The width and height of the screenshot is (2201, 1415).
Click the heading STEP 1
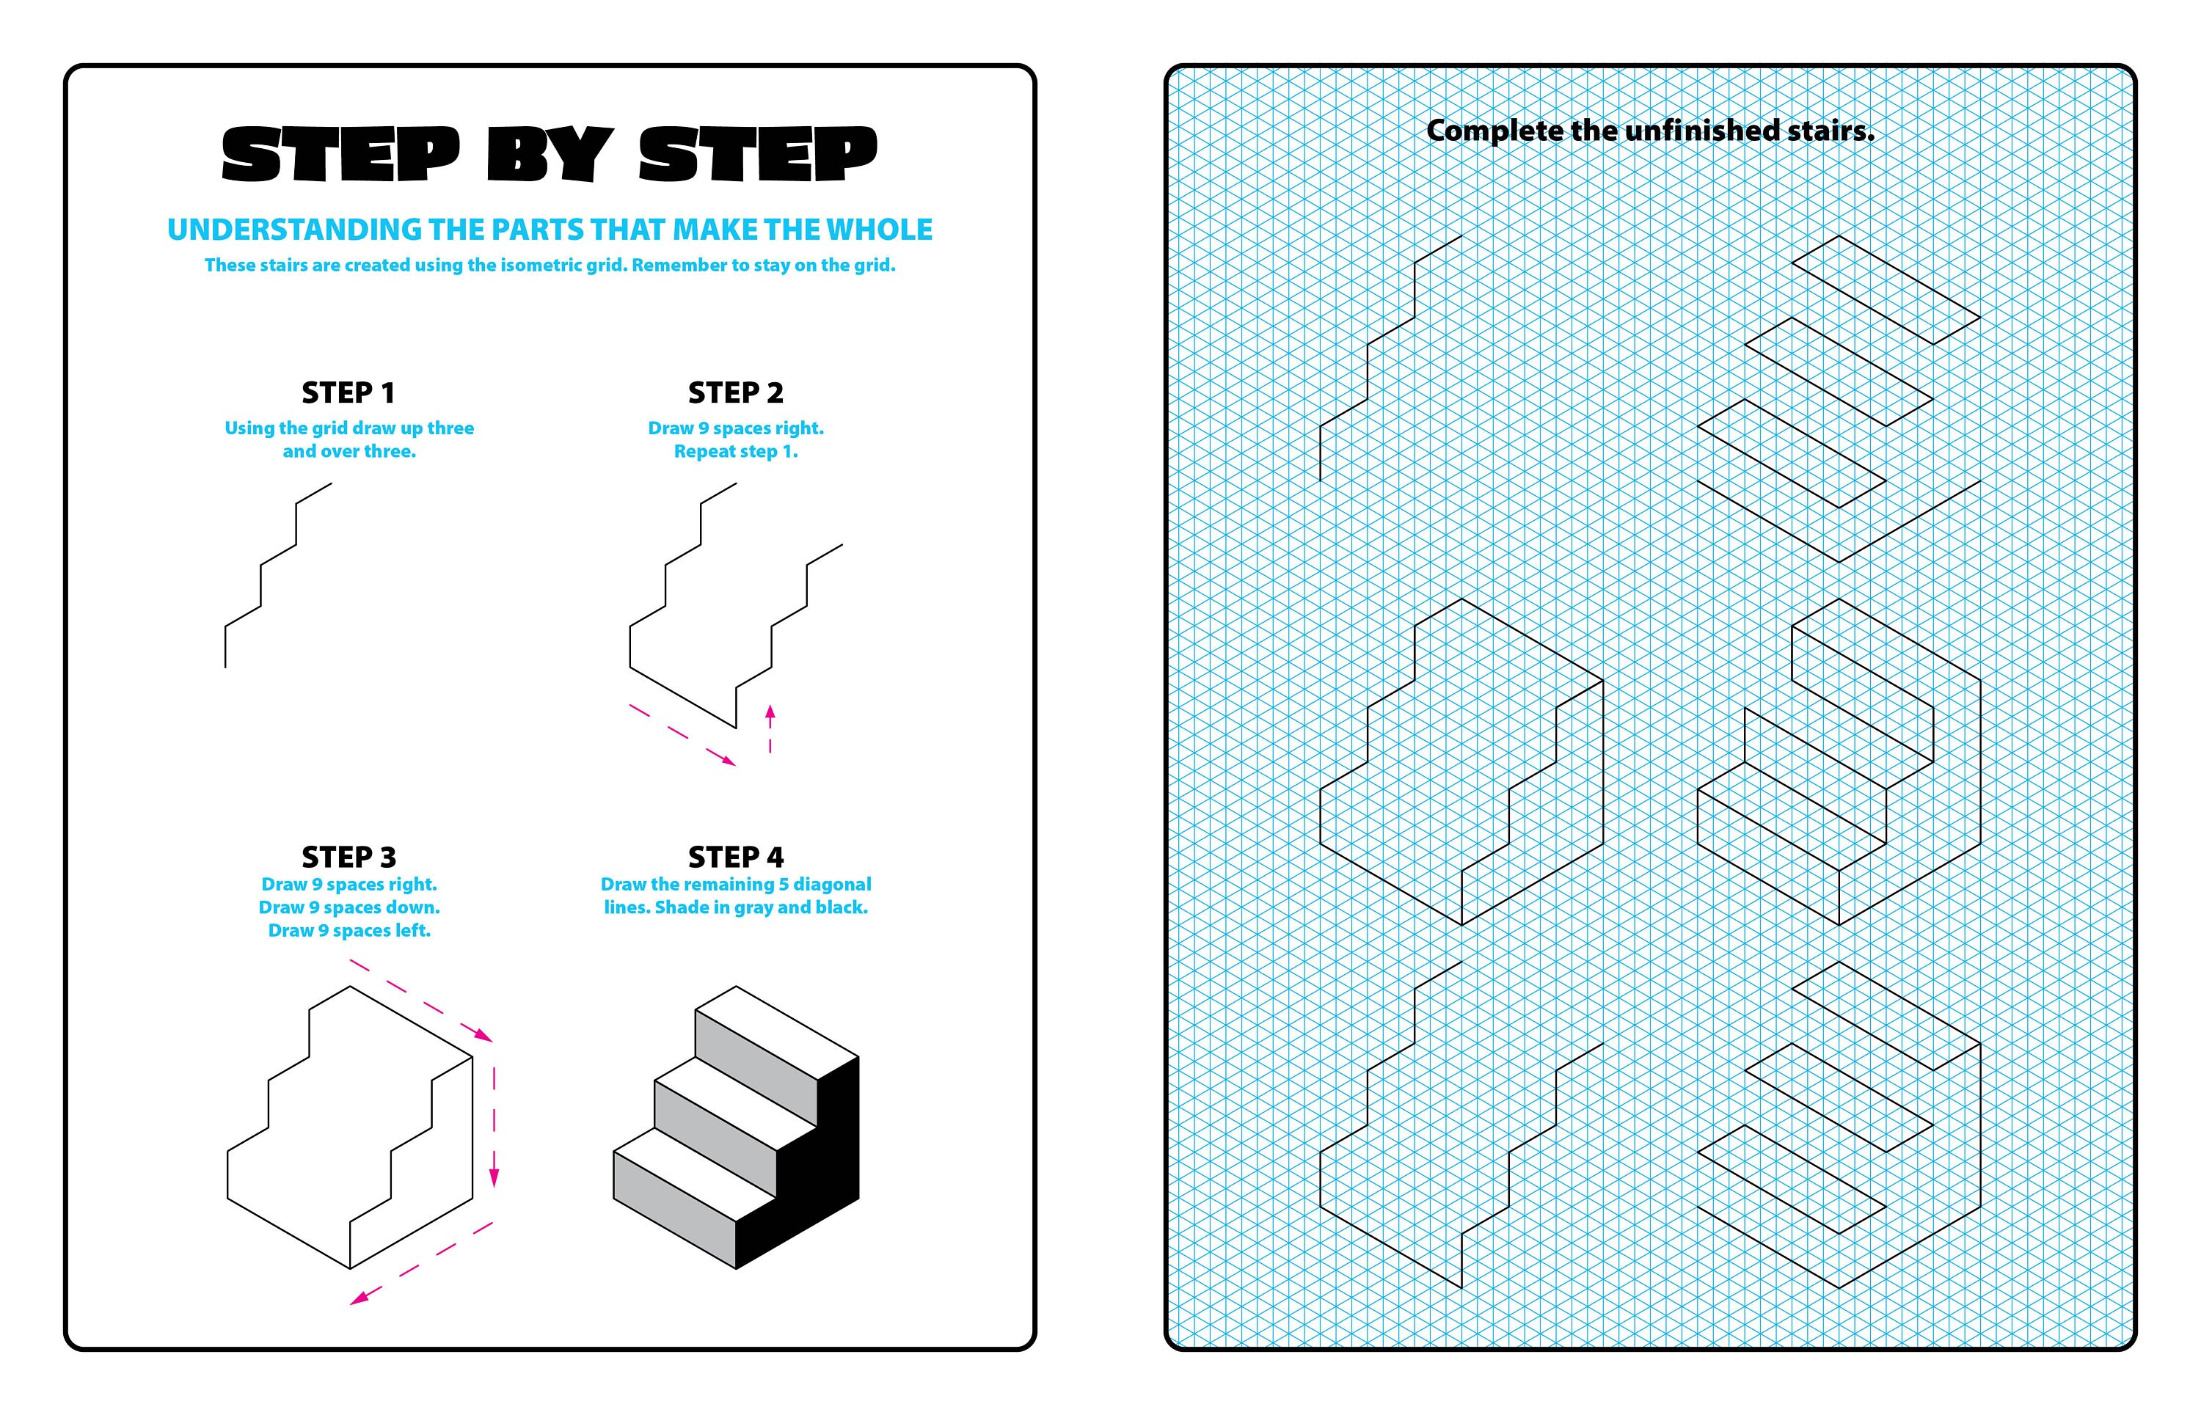click(348, 392)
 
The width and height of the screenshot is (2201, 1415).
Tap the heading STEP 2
click(735, 392)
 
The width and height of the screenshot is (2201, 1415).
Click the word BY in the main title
click(549, 154)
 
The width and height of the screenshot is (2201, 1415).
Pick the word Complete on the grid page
click(1493, 131)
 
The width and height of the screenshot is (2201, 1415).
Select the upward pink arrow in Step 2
click(770, 726)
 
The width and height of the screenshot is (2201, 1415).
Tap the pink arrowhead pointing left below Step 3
click(359, 1298)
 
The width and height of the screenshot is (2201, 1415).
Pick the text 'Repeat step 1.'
click(735, 451)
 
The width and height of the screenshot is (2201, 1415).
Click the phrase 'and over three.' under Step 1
click(349, 451)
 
